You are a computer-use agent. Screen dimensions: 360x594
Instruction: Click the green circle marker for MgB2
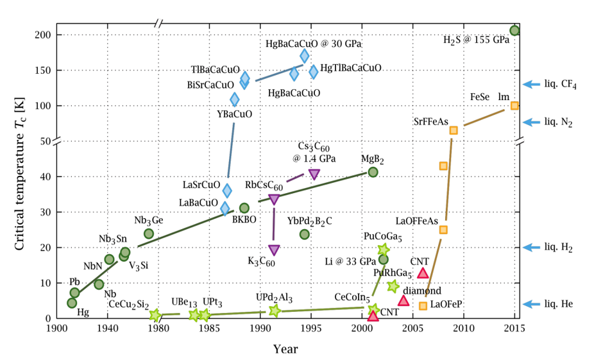pos(373,172)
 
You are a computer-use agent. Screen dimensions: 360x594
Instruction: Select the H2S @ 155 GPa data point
pos(514,30)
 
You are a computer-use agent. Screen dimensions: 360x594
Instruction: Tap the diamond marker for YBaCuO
pos(235,99)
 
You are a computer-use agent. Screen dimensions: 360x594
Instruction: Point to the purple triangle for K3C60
pos(274,250)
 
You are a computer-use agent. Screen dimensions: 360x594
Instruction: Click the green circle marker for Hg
pos(72,303)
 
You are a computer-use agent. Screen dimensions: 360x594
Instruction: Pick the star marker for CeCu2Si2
pos(155,314)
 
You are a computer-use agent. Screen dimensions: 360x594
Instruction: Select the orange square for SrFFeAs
pos(454,130)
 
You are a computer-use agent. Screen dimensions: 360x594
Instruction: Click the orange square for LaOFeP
pos(423,305)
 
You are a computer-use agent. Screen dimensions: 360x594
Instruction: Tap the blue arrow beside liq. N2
pos(532,122)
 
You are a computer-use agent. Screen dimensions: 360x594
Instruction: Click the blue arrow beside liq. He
pos(532,304)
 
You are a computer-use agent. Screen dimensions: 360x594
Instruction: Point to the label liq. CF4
pos(560,85)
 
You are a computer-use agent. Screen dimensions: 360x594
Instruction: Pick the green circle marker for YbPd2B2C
pos(305,234)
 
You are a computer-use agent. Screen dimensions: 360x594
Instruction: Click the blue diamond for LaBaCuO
pos(225,208)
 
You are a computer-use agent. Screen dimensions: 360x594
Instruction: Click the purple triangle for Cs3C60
pos(314,174)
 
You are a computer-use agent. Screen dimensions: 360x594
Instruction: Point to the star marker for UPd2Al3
pos(275,311)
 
